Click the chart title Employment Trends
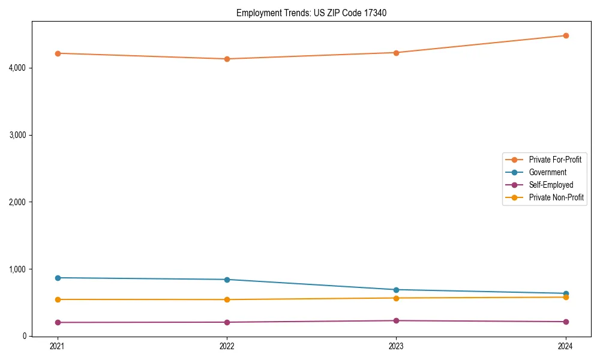click(x=316, y=13)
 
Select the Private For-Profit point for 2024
click(x=565, y=35)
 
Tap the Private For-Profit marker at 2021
click(x=58, y=53)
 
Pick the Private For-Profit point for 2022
click(x=227, y=59)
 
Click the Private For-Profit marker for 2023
click(x=396, y=53)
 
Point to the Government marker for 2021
click(x=58, y=278)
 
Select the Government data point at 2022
click(x=227, y=280)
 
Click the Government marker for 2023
click(x=396, y=290)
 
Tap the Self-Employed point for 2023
click(x=396, y=320)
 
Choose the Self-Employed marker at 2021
click(x=58, y=322)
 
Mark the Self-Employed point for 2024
click(x=565, y=322)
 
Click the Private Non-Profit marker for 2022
click(x=227, y=299)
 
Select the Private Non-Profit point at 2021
click(x=58, y=299)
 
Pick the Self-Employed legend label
click(x=551, y=185)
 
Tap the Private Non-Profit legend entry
click(x=556, y=197)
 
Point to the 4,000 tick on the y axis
click(x=18, y=68)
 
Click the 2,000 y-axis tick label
click(x=18, y=202)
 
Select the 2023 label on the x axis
click(x=396, y=346)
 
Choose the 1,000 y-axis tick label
click(x=18, y=269)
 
